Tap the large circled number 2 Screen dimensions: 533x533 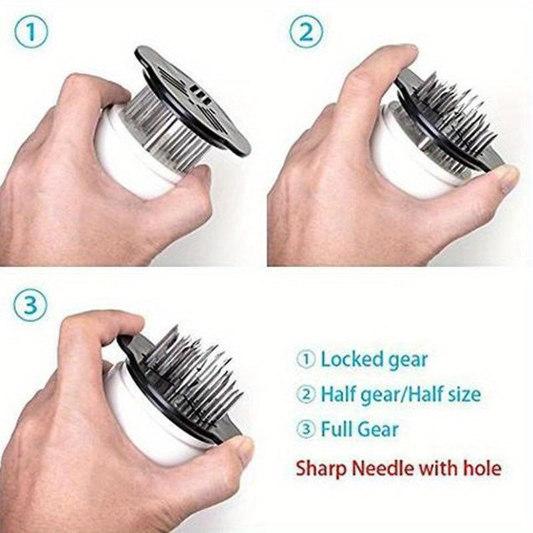tap(306, 33)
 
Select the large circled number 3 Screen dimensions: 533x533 tap(31, 305)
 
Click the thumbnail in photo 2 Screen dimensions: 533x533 tap(509, 175)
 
